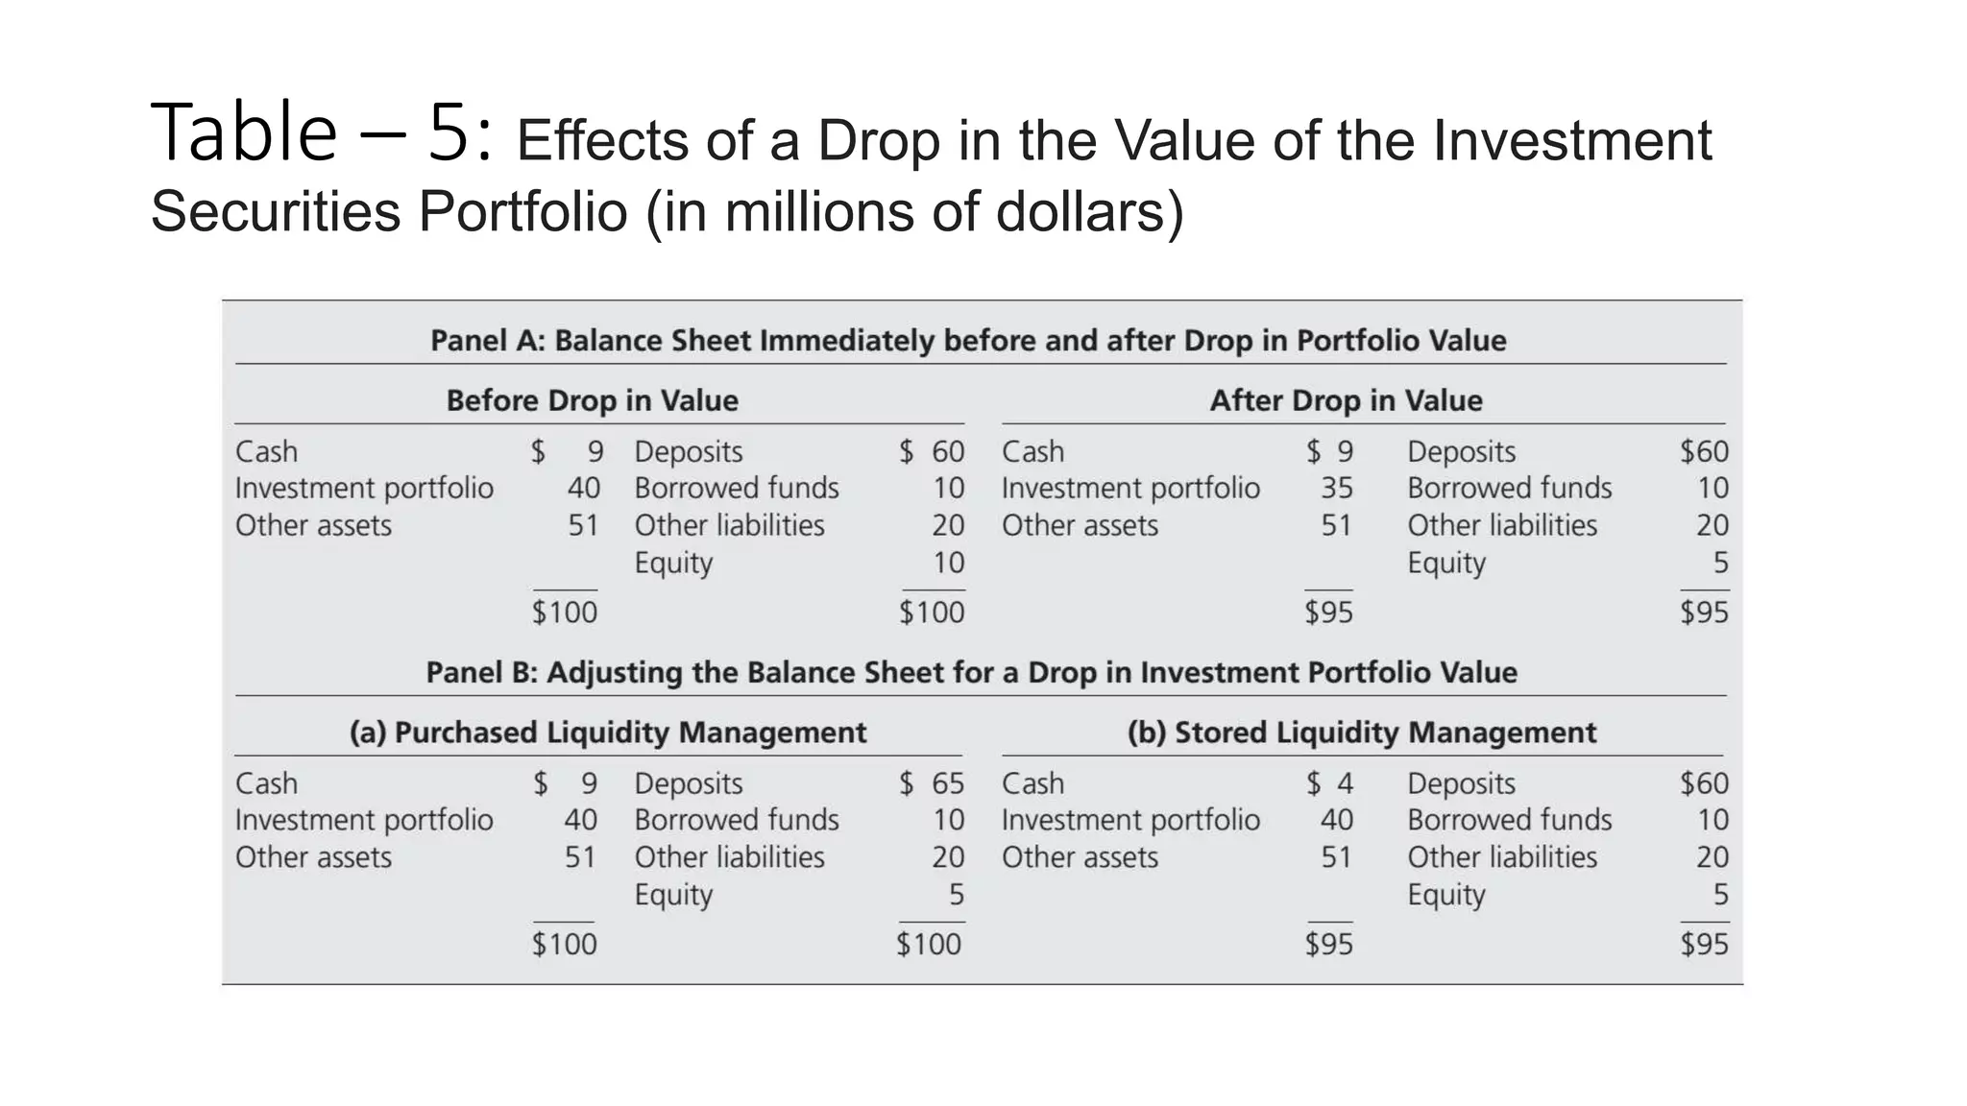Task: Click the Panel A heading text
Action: (968, 341)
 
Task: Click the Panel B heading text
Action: (971, 673)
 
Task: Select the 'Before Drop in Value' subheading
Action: (592, 400)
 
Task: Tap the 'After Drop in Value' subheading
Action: (1346, 400)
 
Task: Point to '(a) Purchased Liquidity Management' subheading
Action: (607, 733)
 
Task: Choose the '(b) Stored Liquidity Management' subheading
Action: (1361, 733)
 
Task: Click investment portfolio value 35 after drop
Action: (1336, 489)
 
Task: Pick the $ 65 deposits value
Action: (932, 783)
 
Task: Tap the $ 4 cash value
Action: (1330, 783)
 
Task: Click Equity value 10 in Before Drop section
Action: (948, 563)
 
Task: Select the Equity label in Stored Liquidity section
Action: (1445, 895)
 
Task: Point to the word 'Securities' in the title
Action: (276, 211)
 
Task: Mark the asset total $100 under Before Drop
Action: (565, 613)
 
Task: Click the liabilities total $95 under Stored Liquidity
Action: (1704, 945)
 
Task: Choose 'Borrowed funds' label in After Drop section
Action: (1509, 489)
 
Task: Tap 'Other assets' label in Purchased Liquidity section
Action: (313, 857)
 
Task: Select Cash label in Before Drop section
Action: (266, 452)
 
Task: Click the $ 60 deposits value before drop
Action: (932, 452)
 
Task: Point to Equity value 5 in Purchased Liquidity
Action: (956, 895)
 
